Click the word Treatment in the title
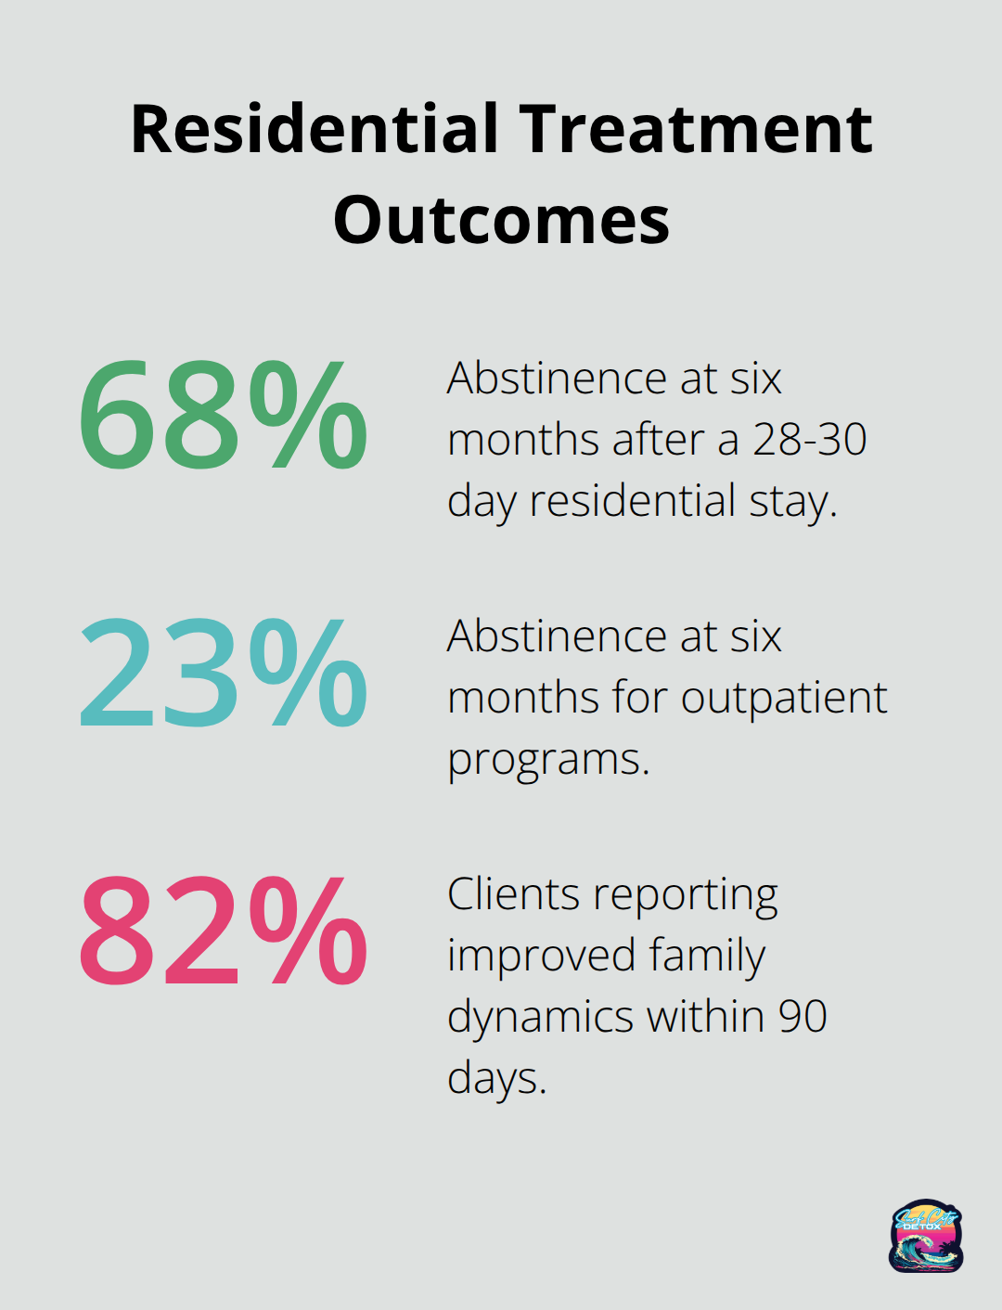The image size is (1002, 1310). [x=696, y=129]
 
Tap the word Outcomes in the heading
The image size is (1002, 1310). [x=501, y=221]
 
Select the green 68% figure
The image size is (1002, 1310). [x=223, y=415]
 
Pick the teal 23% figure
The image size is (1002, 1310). [x=223, y=673]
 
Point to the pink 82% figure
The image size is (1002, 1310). [x=223, y=931]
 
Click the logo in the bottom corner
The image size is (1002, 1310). [x=926, y=1236]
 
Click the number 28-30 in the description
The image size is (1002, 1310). [x=809, y=440]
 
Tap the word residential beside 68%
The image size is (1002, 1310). [x=633, y=501]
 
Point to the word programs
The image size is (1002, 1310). [x=547, y=761]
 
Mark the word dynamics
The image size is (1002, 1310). [x=540, y=1018]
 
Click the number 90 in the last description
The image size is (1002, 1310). [x=803, y=1017]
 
